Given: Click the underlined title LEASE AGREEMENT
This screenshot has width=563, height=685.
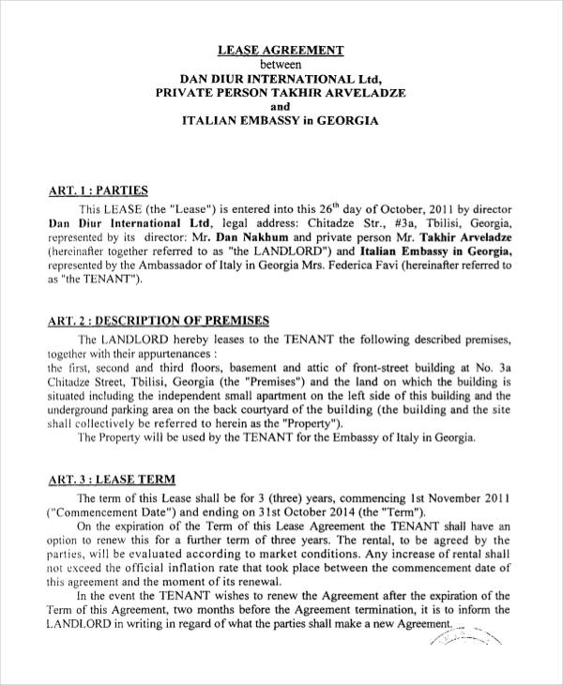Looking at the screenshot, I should point(281,50).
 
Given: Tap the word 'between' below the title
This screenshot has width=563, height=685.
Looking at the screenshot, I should point(281,64).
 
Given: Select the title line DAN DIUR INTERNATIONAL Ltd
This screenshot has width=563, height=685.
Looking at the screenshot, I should point(281,79).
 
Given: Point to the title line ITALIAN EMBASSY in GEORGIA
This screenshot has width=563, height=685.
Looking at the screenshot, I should point(281,122).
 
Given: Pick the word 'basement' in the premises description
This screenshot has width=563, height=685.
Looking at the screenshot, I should point(232,369).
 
